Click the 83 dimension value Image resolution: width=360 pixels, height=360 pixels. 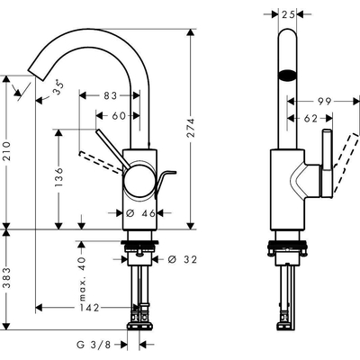110,94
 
